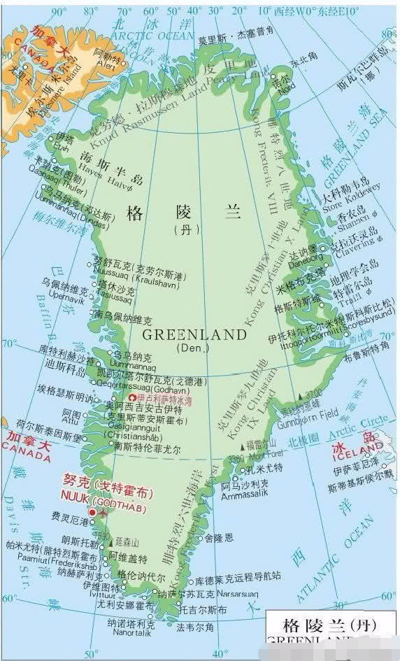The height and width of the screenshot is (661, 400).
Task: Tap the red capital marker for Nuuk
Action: (92, 512)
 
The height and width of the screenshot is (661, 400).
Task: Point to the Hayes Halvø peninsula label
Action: (112, 178)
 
